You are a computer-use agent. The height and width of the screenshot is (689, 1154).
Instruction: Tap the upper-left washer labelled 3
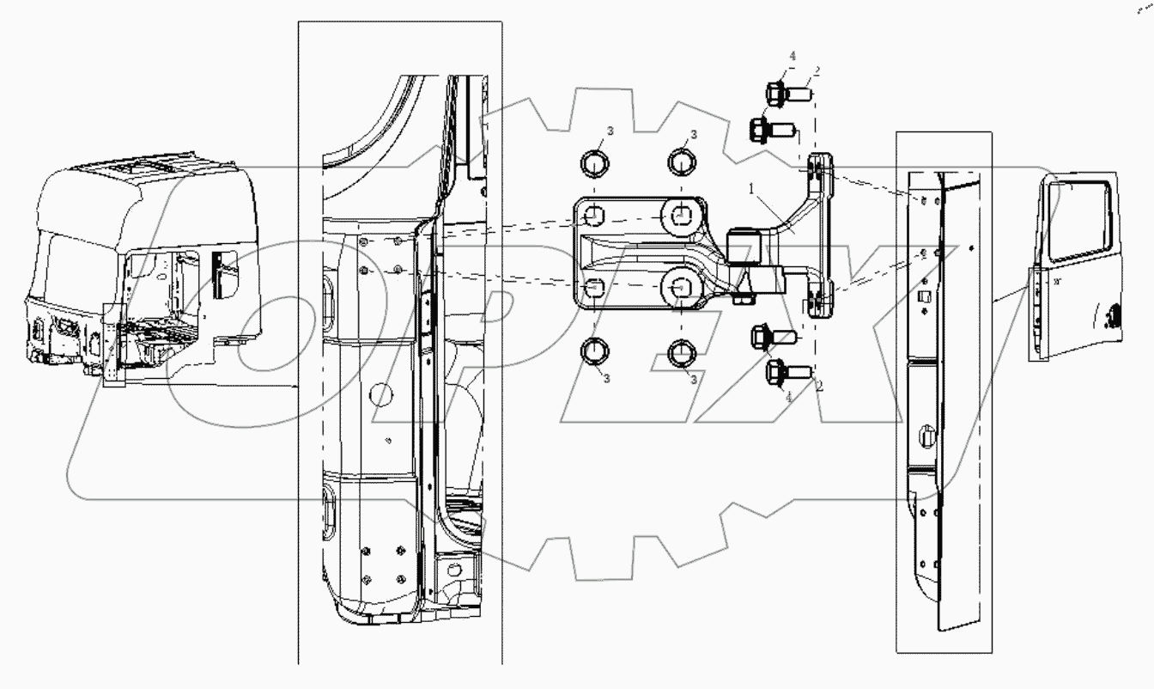[x=594, y=162]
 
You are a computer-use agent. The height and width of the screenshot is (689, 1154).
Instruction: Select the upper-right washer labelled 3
[x=680, y=161]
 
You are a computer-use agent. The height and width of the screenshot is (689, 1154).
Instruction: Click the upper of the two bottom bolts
[x=770, y=337]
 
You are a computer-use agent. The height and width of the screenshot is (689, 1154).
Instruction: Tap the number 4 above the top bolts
[x=793, y=57]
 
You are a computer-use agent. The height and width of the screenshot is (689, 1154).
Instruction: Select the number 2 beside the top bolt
[x=817, y=72]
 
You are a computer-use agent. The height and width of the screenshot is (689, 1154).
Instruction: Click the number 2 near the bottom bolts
[x=819, y=387]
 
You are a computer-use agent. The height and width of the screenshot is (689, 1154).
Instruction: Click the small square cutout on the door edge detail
[x=926, y=297]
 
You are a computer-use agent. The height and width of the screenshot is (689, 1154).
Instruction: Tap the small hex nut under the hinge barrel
[x=740, y=300]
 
